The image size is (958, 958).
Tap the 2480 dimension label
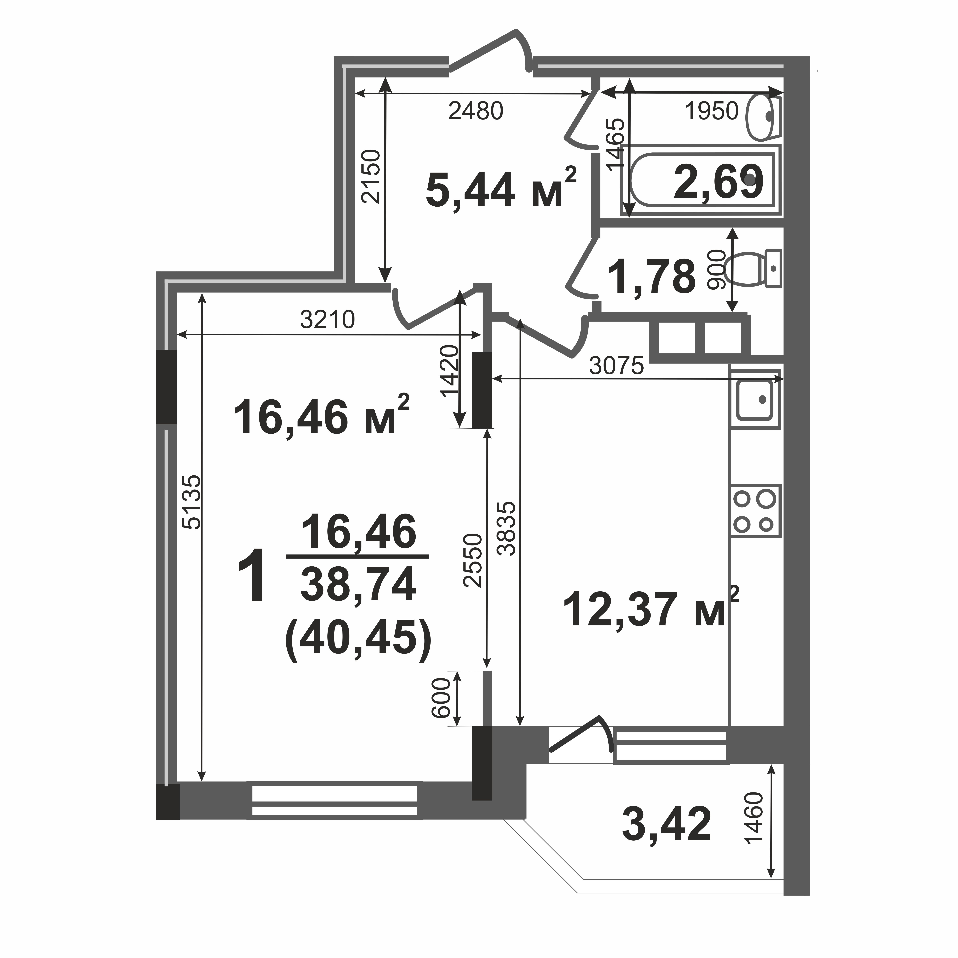tap(476, 111)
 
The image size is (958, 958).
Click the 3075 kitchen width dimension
tap(616, 366)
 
